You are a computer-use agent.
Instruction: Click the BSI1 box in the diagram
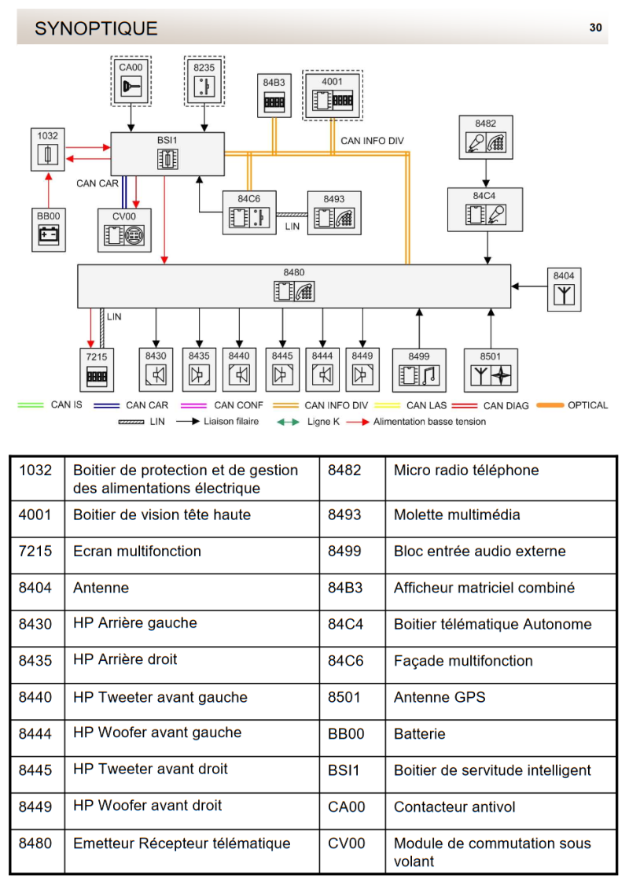167,153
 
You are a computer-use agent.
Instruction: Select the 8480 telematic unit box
293,286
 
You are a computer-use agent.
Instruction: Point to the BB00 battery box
49,229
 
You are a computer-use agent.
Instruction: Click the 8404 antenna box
564,289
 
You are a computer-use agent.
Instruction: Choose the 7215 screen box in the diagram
96,369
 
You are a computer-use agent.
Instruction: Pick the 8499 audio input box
419,370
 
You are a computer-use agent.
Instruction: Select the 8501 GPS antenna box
490,370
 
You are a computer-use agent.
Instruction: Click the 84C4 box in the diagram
484,209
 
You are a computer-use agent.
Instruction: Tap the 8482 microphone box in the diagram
485,138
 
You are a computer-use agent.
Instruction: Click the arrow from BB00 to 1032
49,190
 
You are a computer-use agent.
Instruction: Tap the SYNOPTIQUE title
96,29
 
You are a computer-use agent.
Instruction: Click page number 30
595,28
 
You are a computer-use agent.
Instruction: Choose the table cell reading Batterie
419,734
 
